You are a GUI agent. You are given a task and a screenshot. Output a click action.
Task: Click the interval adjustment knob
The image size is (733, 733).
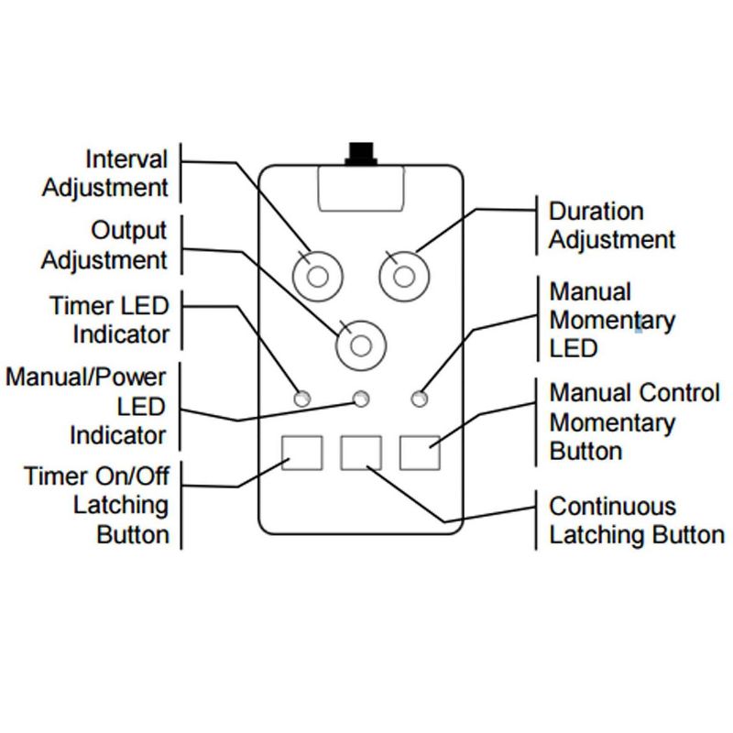pyautogui.click(x=317, y=274)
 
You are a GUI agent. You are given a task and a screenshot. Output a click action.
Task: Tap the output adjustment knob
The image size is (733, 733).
pyautogui.click(x=361, y=345)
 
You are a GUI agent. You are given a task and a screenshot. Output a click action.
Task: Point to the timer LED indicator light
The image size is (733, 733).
pyautogui.click(x=301, y=399)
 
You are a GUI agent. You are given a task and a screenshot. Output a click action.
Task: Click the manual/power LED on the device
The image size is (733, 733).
pyautogui.click(x=362, y=399)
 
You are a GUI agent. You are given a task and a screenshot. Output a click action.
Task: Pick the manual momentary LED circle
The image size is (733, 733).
pyautogui.click(x=421, y=399)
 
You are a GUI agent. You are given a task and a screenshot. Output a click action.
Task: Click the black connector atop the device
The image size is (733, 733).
pyautogui.click(x=361, y=153)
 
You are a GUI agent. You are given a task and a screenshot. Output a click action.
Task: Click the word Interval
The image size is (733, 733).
pyautogui.click(x=126, y=159)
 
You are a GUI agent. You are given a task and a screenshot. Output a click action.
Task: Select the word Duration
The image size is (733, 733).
pyautogui.click(x=596, y=212)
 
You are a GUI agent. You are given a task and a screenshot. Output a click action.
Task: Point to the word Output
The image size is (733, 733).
pyautogui.click(x=129, y=229)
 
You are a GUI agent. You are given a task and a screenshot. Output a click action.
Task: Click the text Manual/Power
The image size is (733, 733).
pyautogui.click(x=86, y=377)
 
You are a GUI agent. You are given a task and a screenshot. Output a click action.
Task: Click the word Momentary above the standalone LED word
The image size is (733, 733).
pyautogui.click(x=612, y=321)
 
